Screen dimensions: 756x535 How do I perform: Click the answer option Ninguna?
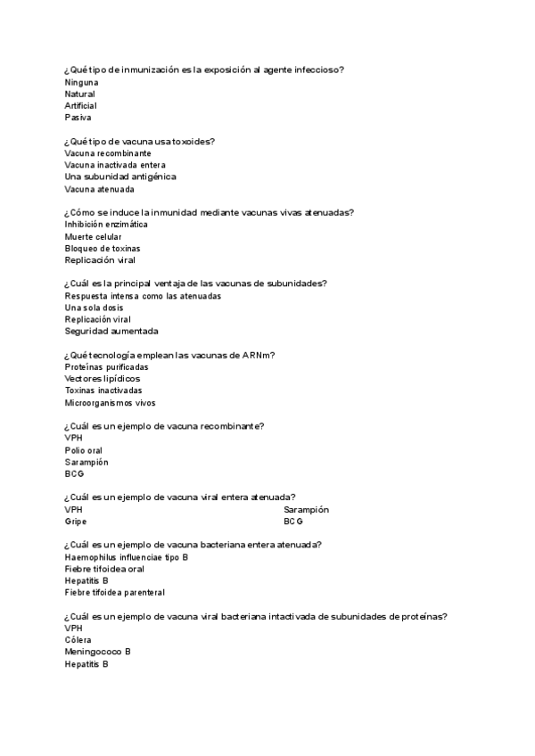(81, 82)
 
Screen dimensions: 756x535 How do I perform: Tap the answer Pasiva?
(78, 117)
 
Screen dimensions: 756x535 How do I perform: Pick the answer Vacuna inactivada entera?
(114, 165)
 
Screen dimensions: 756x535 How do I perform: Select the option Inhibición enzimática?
(106, 225)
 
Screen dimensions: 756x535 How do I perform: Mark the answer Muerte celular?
(93, 236)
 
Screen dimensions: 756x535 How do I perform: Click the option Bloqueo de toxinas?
(103, 248)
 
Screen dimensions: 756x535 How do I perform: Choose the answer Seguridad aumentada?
(111, 331)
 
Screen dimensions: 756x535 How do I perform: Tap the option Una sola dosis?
(94, 308)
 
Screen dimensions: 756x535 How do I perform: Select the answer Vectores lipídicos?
(102, 379)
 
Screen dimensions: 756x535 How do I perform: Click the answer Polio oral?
(84, 450)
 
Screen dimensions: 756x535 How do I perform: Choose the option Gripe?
(76, 522)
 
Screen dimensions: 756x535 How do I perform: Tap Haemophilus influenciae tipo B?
(127, 557)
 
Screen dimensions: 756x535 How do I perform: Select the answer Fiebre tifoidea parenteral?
(115, 592)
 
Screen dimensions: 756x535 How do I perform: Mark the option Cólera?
(78, 640)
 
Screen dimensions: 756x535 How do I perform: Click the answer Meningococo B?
(98, 652)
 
